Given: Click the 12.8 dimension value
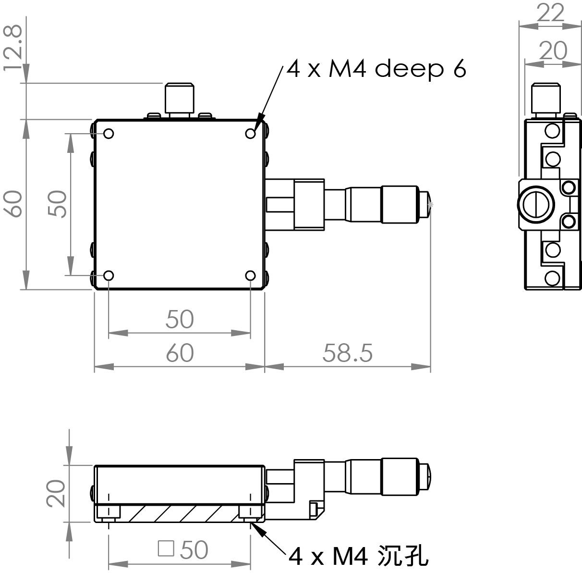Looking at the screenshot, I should pyautogui.click(x=13, y=48).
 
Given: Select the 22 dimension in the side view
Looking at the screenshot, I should pyautogui.click(x=550, y=13).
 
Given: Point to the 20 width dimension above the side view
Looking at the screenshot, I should pyautogui.click(x=553, y=50).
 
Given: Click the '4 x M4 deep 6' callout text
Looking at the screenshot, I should pyautogui.click(x=376, y=70).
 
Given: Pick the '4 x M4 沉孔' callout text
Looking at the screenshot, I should pyautogui.click(x=358, y=556).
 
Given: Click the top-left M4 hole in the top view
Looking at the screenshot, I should pyautogui.click(x=109, y=133).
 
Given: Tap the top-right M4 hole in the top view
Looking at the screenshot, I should pyautogui.click(x=251, y=133).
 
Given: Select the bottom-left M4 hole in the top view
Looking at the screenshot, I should pyautogui.click(x=109, y=275).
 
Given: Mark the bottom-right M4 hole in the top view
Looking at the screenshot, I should pyautogui.click(x=251, y=275).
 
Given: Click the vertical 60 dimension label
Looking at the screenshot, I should pyautogui.click(x=14, y=204).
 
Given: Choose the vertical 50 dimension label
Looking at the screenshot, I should pyautogui.click(x=58, y=204).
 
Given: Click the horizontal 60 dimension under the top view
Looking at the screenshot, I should pyautogui.click(x=180, y=353).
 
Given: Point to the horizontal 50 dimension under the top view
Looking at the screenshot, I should pyautogui.click(x=180, y=319).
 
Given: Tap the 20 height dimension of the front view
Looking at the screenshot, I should pyautogui.click(x=57, y=493).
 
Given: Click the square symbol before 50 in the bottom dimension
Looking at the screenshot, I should pyautogui.click(x=166, y=548).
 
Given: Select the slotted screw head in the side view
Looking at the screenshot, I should pyautogui.click(x=535, y=204).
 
